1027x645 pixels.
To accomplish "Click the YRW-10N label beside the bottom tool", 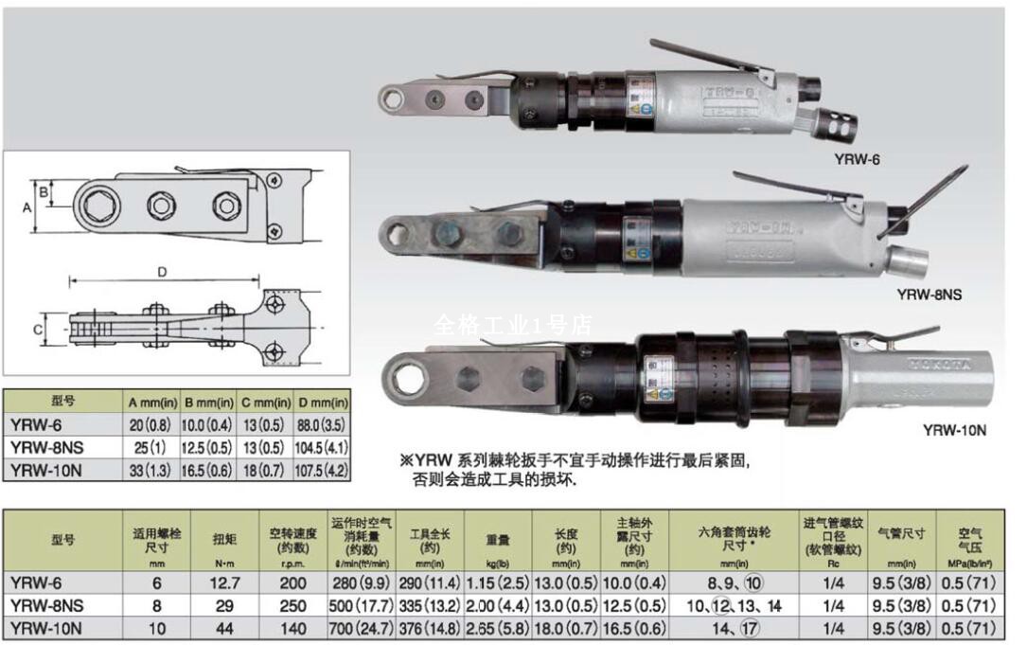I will pyautogui.click(x=954, y=430).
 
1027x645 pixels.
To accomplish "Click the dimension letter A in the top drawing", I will pyautogui.click(x=27, y=205).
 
